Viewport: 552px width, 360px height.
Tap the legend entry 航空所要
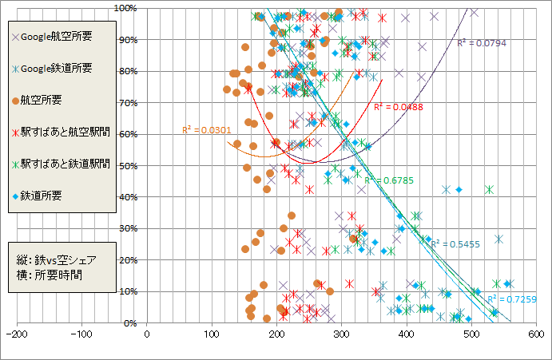pyautogui.click(x=48, y=100)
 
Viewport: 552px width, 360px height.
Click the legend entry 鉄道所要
pyautogui.click(x=48, y=195)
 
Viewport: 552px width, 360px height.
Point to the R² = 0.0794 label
pyautogui.click(x=482, y=43)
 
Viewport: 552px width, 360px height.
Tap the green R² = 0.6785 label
pyautogui.click(x=389, y=180)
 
